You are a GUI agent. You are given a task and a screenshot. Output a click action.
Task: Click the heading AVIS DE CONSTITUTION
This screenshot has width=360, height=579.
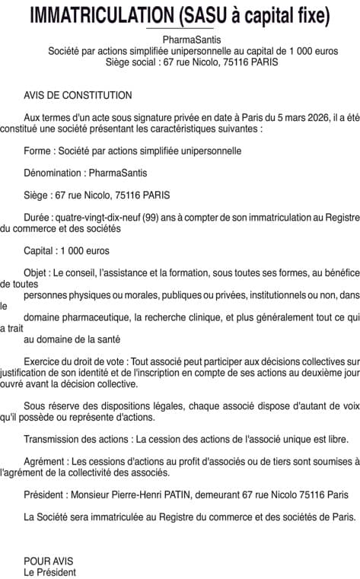click(x=78, y=96)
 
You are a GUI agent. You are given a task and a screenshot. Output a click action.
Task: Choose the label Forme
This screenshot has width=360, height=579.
click(x=38, y=151)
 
